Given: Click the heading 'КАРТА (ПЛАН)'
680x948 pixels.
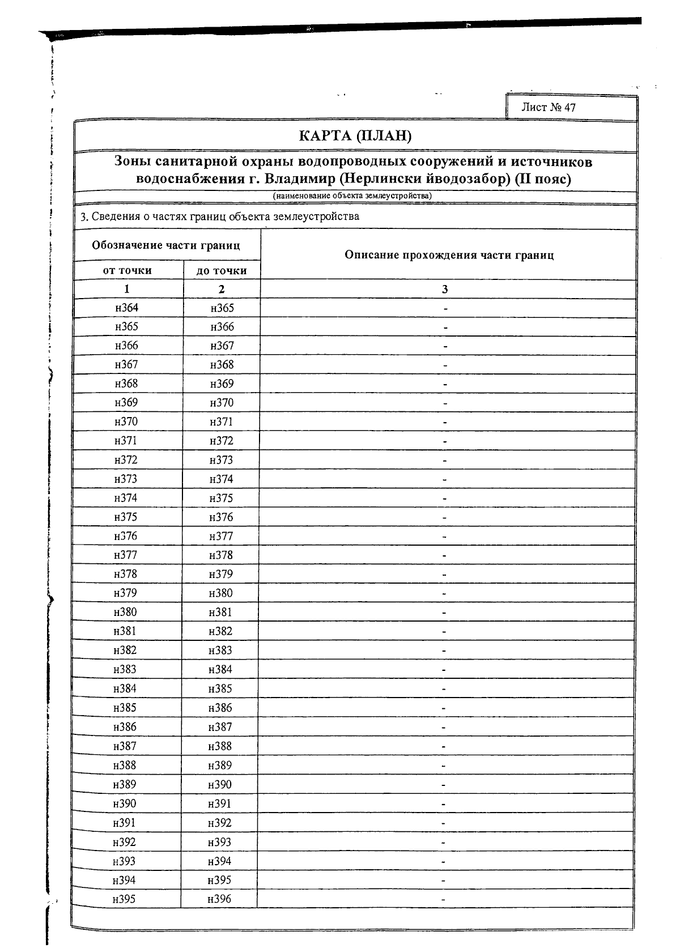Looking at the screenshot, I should (x=355, y=136).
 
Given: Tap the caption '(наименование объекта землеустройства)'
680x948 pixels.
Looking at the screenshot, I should (x=352, y=196).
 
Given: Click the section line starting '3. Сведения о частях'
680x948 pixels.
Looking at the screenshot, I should (x=220, y=216).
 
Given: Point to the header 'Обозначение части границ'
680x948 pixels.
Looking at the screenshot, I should (x=166, y=245).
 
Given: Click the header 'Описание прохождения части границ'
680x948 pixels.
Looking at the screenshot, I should (x=449, y=255).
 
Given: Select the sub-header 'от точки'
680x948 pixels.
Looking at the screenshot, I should (x=127, y=270).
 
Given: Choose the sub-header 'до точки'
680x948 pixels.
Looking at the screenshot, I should (x=222, y=271).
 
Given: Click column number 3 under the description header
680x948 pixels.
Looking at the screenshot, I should (x=445, y=290).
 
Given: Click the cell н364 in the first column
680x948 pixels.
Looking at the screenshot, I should (x=126, y=308).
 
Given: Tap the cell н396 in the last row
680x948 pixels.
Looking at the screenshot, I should (x=219, y=899).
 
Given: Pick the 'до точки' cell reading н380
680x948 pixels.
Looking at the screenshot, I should (x=220, y=593).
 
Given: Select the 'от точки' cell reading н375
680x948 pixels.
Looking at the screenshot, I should (x=126, y=517).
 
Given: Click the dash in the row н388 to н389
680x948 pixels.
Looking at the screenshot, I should (x=444, y=766).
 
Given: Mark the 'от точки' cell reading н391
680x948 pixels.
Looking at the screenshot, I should (x=125, y=823).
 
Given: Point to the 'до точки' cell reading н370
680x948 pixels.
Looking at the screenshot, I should (x=221, y=403).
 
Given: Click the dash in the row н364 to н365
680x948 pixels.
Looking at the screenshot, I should (x=445, y=309).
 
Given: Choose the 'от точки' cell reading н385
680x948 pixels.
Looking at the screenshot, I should (x=125, y=708).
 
